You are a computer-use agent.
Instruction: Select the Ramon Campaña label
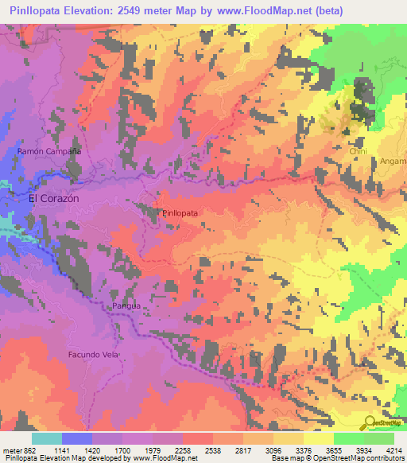tap(49, 151)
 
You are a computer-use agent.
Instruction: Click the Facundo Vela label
tap(93, 354)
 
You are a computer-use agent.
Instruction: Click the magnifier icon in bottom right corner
tap(370, 423)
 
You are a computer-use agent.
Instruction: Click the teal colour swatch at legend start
tap(46, 438)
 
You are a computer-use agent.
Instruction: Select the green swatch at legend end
tap(379, 438)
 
